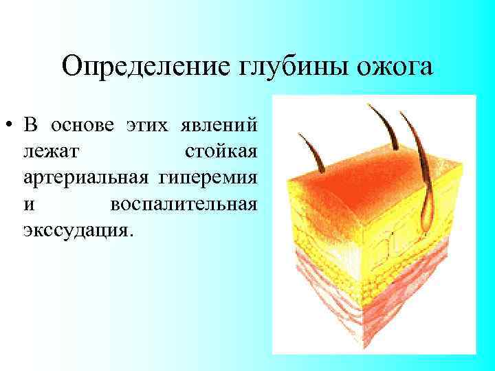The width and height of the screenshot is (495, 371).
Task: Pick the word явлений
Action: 219,126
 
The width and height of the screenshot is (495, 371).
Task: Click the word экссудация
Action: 75,229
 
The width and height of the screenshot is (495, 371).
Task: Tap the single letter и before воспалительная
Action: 27,203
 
